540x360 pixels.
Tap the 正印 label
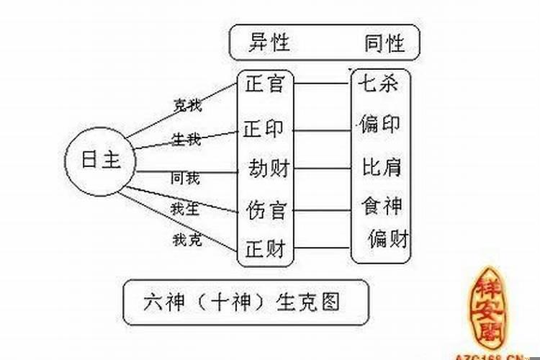tap(264, 130)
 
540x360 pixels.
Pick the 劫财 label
tap(268, 170)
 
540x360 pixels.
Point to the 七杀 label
tap(379, 84)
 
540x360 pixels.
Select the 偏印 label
tap(379, 125)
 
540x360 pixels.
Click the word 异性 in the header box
tap(269, 43)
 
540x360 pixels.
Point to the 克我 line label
tap(186, 105)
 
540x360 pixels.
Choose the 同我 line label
tap(185, 176)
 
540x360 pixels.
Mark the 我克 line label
tap(186, 239)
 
